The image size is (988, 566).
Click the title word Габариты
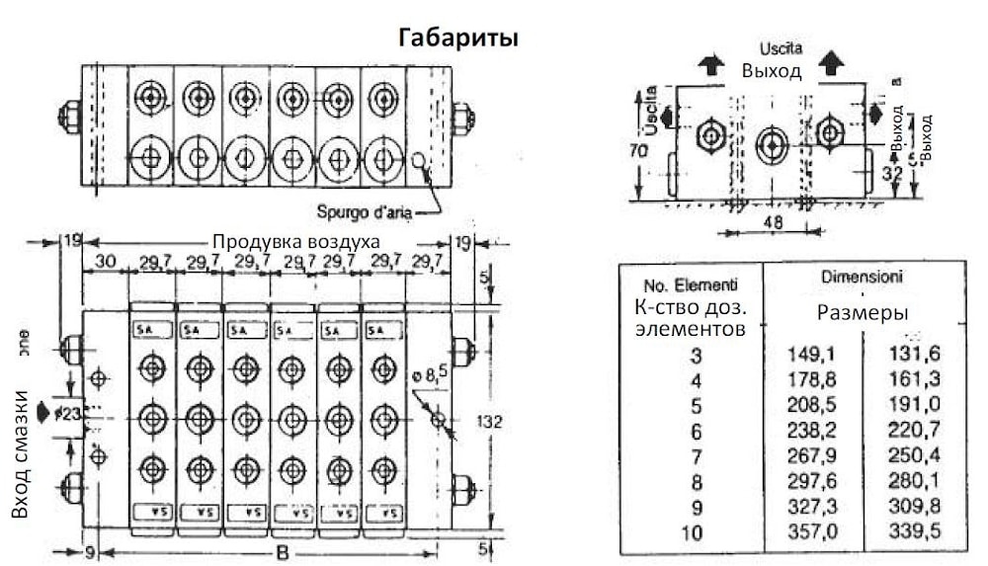458,38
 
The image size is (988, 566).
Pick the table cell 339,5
913,533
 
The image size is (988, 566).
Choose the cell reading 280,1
913,484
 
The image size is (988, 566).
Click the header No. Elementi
691,286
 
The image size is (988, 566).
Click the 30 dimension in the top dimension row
107,261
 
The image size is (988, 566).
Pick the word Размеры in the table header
862,311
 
